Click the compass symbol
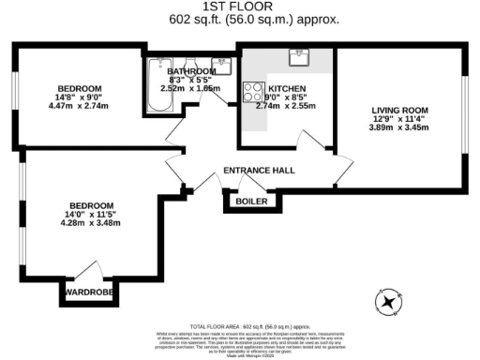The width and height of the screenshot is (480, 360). click(x=388, y=301)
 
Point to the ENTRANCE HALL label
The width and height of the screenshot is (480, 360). click(x=259, y=171)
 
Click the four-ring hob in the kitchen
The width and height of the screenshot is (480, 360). click(x=253, y=92)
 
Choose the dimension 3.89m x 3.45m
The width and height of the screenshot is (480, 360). click(x=400, y=127)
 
